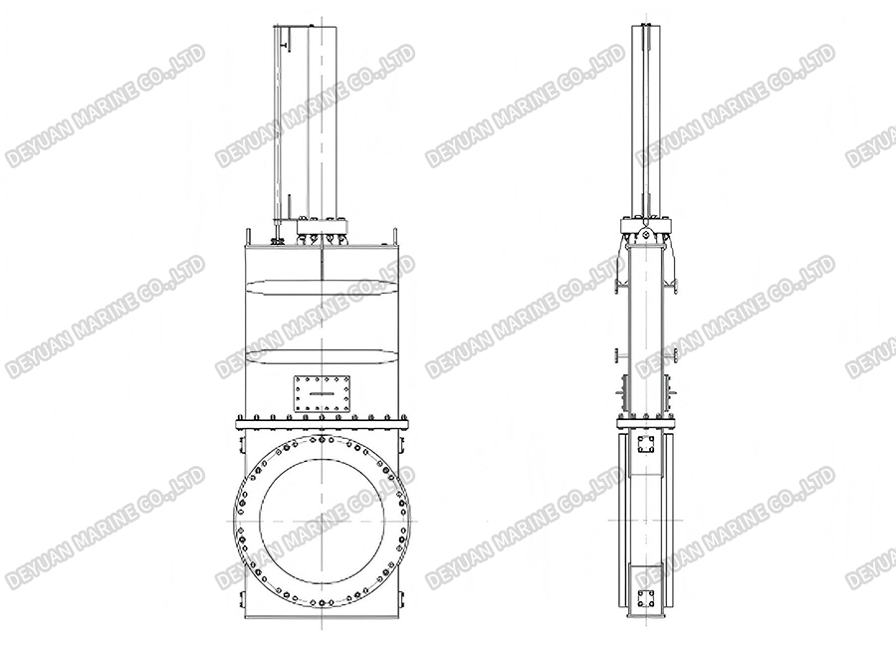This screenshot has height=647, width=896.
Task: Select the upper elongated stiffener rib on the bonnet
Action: click(x=323, y=289)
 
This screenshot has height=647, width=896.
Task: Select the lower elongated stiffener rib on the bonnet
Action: click(x=323, y=354)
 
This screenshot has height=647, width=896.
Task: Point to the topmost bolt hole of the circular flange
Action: click(x=323, y=439)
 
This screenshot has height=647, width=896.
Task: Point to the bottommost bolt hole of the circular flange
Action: click(x=323, y=600)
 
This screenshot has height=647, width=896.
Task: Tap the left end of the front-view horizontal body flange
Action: click(x=240, y=425)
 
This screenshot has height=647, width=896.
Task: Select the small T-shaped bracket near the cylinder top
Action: click(x=284, y=43)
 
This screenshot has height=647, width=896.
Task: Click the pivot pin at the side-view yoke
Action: click(x=644, y=235)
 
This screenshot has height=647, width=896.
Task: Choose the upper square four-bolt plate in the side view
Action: click(x=644, y=444)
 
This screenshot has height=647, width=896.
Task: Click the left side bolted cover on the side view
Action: click(x=621, y=394)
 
